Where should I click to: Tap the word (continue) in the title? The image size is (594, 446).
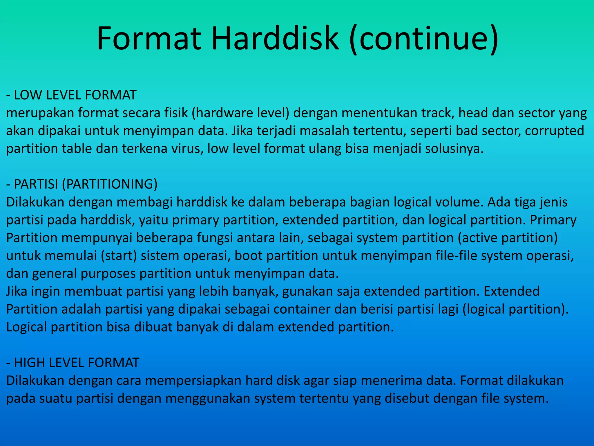coord(423,39)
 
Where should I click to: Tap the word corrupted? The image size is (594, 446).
coord(554,131)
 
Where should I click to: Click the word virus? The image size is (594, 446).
coord(187,149)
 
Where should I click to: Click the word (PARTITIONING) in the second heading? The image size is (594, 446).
coord(110,184)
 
